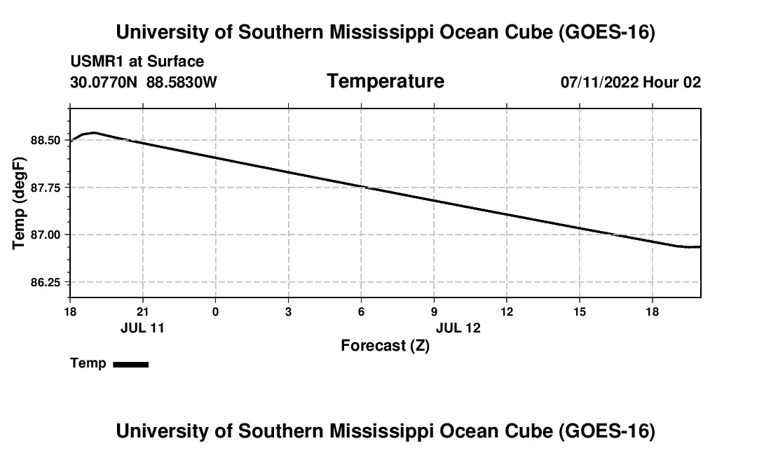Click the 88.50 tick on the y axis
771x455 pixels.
(x=46, y=141)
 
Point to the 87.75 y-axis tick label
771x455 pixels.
(x=46, y=188)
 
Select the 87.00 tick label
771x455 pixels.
(x=46, y=234)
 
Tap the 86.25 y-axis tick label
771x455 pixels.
(x=46, y=282)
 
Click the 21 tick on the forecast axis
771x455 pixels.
(x=142, y=311)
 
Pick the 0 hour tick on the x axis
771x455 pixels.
(x=215, y=311)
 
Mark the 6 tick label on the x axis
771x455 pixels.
(x=361, y=311)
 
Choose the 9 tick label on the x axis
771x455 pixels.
(x=434, y=311)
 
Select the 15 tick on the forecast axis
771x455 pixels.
(x=580, y=311)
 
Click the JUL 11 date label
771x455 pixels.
(x=142, y=328)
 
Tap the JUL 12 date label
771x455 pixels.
(x=458, y=328)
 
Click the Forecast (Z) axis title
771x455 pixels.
(x=385, y=346)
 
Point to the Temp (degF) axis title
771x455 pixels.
(x=19, y=203)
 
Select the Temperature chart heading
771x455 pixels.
(x=385, y=81)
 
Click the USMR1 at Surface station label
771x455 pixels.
(x=137, y=62)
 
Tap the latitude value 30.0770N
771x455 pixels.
(x=104, y=82)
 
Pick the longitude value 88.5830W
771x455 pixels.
(x=182, y=82)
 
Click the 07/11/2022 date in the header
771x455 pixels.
(x=599, y=82)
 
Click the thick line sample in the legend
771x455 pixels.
(x=131, y=364)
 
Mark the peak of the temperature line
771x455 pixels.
(x=93, y=132)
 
